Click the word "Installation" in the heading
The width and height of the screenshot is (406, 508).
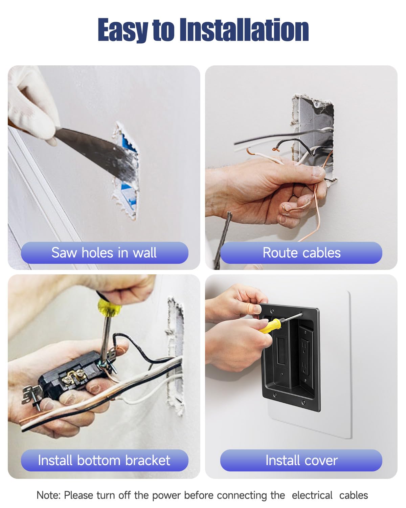point(244,30)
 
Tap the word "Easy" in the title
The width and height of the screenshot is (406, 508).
point(123,30)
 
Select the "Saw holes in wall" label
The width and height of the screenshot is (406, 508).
point(104,253)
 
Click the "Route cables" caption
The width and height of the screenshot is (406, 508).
point(301,253)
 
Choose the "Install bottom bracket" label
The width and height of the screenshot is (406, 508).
point(104,460)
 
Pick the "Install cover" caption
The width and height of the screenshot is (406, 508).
point(301,460)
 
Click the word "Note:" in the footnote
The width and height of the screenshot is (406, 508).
point(49,495)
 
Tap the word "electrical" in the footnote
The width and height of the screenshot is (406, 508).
point(312,495)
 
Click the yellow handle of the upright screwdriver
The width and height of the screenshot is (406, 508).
point(109,307)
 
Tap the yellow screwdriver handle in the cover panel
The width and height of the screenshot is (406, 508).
point(270,326)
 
